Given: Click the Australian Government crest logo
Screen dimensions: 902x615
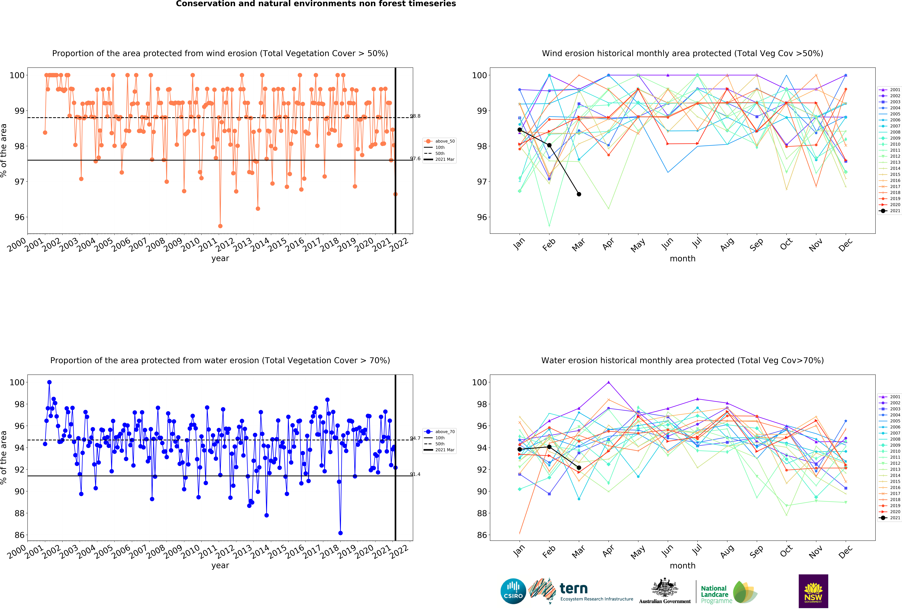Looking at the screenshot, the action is click(x=665, y=591).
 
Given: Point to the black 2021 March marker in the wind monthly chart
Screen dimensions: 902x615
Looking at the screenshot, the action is click(x=579, y=194).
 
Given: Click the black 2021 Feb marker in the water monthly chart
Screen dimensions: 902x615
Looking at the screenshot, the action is click(x=549, y=447).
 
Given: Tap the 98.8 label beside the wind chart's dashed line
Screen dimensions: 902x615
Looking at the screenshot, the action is click(x=415, y=116).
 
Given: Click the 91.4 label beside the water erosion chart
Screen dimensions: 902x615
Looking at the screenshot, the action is click(x=415, y=474).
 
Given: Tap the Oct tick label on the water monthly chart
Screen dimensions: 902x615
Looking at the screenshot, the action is click(x=786, y=551).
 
